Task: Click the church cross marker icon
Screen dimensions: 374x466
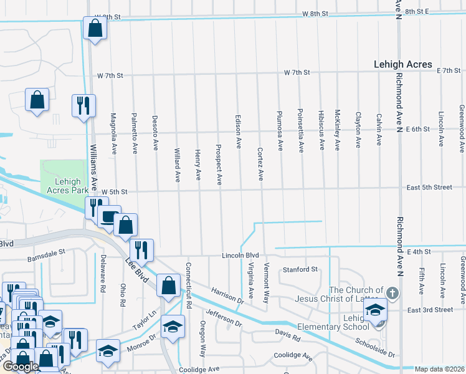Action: click(x=392, y=292)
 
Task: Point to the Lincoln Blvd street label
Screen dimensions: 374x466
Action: click(x=240, y=256)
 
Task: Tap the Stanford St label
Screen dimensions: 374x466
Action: click(x=300, y=270)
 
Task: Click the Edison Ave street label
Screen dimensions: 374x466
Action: click(x=238, y=131)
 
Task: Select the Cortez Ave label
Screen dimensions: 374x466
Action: click(x=260, y=165)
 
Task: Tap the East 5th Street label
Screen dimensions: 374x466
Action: click(x=429, y=187)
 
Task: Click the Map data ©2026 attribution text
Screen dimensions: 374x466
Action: click(x=439, y=369)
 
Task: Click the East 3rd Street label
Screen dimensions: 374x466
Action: click(x=430, y=310)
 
